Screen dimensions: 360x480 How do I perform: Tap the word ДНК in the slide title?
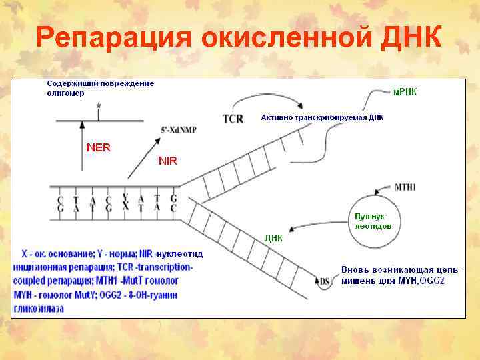[411, 37]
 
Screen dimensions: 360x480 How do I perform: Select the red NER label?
[99, 147]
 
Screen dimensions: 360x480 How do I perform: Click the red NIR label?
[167, 161]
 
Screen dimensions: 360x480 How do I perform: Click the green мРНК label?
[405, 91]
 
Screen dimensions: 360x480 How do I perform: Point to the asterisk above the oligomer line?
[99, 107]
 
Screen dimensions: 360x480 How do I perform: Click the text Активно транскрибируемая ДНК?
[322, 117]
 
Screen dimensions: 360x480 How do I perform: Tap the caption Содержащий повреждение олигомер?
[100, 88]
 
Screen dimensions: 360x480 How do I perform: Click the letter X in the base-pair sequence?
[124, 207]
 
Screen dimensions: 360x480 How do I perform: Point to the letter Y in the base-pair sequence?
[124, 198]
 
